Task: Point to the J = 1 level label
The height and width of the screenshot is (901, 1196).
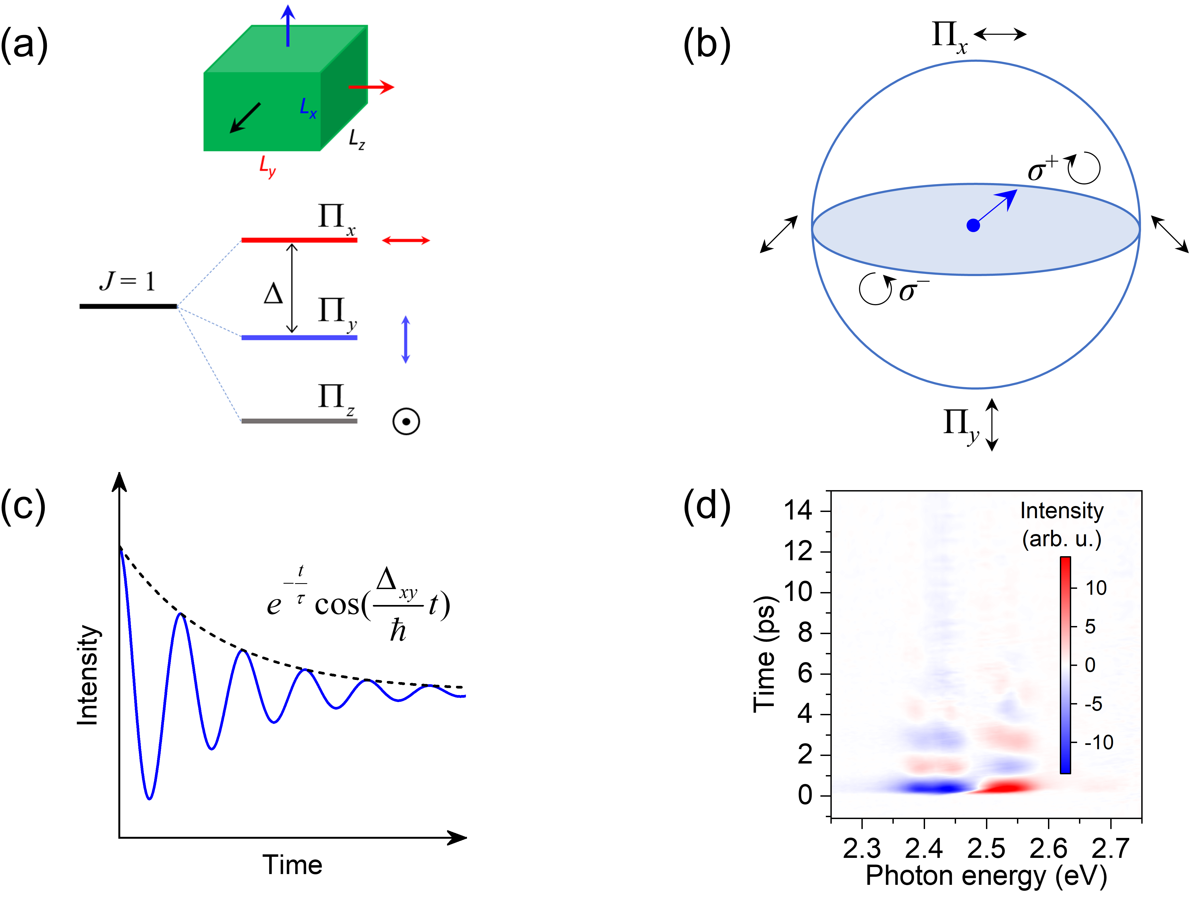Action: pos(128,281)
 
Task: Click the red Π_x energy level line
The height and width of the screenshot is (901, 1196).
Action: pos(299,240)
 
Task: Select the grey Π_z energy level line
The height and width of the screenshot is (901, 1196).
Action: pos(299,421)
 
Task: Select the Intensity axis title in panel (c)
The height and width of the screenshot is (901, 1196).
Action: pos(88,675)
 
